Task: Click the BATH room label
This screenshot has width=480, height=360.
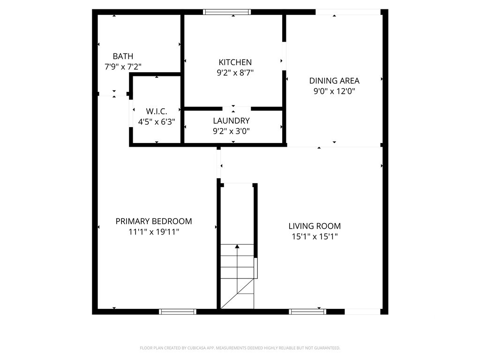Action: point(123,56)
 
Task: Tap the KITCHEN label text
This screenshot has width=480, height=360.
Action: point(235,62)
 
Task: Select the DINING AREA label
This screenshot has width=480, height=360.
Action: point(334,81)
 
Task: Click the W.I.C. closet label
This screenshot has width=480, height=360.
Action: point(157,111)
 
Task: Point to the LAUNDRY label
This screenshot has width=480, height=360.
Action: point(232,120)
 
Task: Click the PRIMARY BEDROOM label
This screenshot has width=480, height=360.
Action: point(154,221)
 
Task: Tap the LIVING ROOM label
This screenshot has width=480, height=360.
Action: point(315,226)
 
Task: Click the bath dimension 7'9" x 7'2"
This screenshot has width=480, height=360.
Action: point(123,67)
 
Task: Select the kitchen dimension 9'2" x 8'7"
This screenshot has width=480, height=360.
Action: point(235,73)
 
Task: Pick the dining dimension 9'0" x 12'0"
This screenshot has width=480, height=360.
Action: point(334,91)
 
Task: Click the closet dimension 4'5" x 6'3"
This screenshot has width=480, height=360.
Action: point(157,122)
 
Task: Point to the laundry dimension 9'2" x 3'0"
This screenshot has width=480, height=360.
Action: point(232,131)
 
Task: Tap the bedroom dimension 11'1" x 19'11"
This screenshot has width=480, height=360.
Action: point(154,232)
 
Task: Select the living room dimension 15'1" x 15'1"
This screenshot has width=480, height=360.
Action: point(315,237)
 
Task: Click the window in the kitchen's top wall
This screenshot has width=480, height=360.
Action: point(227,12)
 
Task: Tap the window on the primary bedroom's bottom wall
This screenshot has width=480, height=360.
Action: point(178,312)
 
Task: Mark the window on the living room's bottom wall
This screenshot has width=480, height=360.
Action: point(307,312)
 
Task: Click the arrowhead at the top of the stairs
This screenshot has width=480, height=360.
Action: point(237,246)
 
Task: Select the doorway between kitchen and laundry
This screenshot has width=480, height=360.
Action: point(236,109)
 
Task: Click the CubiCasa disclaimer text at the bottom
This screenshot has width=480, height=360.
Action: point(240,348)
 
